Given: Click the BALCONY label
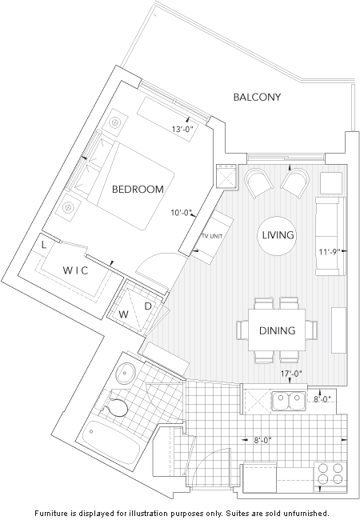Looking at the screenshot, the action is (x=258, y=97).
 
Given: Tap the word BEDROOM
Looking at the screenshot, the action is (x=138, y=190).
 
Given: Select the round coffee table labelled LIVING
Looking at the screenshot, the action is (x=277, y=236).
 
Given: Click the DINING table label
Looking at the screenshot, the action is (x=277, y=330).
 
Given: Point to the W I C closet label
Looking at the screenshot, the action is (x=76, y=270).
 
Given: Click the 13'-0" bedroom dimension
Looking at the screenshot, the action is (x=182, y=129).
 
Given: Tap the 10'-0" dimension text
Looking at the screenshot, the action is (x=182, y=213).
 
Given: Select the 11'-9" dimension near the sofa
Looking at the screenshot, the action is (x=329, y=252).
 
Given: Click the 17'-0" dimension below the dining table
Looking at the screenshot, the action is (x=291, y=374).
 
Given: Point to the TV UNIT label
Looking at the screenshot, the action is (x=212, y=236).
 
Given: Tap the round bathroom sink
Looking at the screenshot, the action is (x=126, y=373).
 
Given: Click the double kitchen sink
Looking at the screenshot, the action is (x=289, y=401).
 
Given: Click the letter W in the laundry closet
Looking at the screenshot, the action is (x=124, y=314).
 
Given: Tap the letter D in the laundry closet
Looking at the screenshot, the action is (x=148, y=306).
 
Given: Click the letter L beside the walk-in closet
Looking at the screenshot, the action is (x=44, y=245).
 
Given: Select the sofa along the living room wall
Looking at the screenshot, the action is (x=330, y=237).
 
